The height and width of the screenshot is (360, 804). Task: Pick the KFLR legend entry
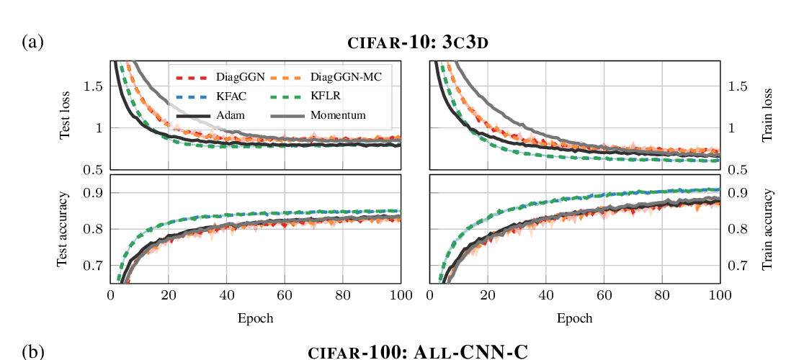pos(326,96)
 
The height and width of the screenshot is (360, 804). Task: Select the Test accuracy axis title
pos(64,230)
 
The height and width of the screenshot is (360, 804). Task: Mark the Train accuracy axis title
pos(767,230)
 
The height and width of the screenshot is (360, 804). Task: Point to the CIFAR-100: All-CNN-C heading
pos(418,352)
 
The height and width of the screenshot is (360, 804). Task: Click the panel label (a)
pos(33,42)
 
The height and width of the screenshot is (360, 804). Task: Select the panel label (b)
pos(33,352)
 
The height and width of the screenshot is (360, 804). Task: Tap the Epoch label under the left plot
pos(256,318)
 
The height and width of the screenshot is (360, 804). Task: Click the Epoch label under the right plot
pos(574,318)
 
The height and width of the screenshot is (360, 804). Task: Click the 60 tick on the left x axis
pos(285,294)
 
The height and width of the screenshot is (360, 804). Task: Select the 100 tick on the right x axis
pos(720,294)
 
